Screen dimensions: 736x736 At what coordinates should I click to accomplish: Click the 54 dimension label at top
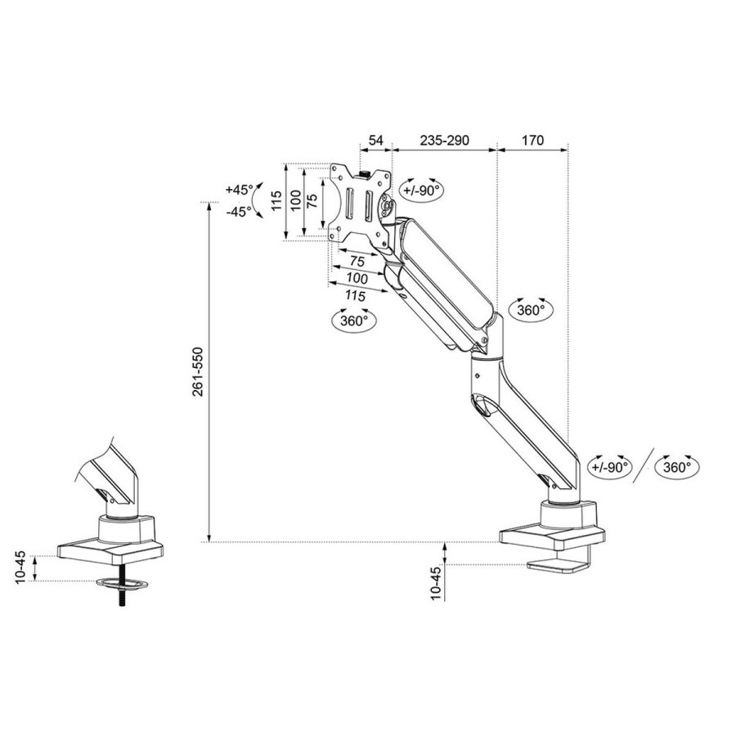[x=375, y=141]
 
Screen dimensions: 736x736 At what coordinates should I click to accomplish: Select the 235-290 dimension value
[x=444, y=141]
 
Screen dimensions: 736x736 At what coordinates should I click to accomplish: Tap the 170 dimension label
[x=532, y=141]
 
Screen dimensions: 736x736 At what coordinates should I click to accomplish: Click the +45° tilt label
[x=239, y=190]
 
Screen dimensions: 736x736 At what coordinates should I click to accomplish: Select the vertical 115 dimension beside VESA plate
[x=276, y=202]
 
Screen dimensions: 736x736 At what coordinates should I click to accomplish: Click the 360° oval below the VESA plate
[x=352, y=321]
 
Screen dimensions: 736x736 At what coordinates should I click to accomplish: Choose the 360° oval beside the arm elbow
[x=530, y=310]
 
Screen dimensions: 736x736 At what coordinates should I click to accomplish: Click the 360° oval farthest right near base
[x=678, y=467]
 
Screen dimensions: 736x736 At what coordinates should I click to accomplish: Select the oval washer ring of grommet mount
[x=123, y=585]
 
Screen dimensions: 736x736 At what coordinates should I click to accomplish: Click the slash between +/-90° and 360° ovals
[x=644, y=467]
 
